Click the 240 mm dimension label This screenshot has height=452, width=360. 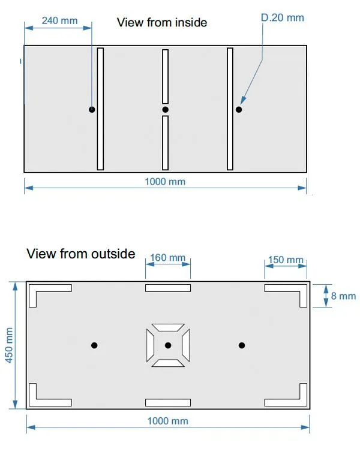pos(60,21)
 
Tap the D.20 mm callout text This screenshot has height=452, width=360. pos(283,17)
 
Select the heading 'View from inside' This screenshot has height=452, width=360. pos(162,23)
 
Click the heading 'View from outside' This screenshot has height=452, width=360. pos(81,254)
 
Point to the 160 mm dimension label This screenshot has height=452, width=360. pos(167,257)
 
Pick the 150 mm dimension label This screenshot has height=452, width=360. pos(286,260)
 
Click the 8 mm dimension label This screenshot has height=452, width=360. pos(343,296)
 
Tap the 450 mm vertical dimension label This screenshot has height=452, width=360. pos(9,345)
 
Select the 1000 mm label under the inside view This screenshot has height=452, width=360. pos(165,182)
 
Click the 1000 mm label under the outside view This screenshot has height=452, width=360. pos(167,421)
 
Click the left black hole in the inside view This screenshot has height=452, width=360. pos(92,110)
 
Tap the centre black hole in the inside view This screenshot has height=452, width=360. pos(165,110)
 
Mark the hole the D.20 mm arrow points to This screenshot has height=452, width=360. pos(239,110)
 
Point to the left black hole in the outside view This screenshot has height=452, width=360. pos(94,345)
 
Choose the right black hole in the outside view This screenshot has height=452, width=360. pos(242,345)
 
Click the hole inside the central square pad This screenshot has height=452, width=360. pos(168,345)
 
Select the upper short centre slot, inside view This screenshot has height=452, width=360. pos(165,77)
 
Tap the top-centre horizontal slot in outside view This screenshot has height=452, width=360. pos(168,288)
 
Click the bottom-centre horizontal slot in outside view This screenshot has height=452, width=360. pos(168,402)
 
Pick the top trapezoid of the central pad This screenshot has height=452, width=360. pos(168,327)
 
